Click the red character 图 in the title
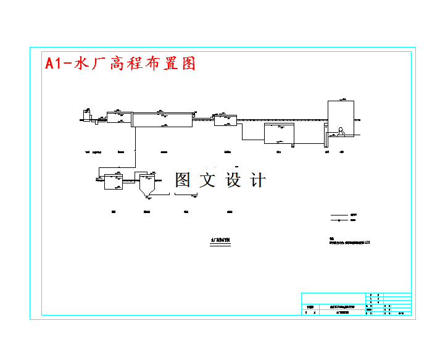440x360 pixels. [x=188, y=63]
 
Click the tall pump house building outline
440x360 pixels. [x=341, y=117]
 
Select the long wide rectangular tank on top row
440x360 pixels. [x=162, y=119]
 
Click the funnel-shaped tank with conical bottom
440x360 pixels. [x=146, y=185]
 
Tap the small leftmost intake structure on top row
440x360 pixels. [x=86, y=115]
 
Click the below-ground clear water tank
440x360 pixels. [x=279, y=133]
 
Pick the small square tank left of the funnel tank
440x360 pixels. [x=113, y=182]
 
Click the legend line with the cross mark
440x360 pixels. [x=339, y=220]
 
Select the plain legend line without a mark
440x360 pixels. [x=339, y=214]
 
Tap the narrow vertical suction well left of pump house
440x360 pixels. [x=325, y=136]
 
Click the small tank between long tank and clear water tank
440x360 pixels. [x=223, y=119]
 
